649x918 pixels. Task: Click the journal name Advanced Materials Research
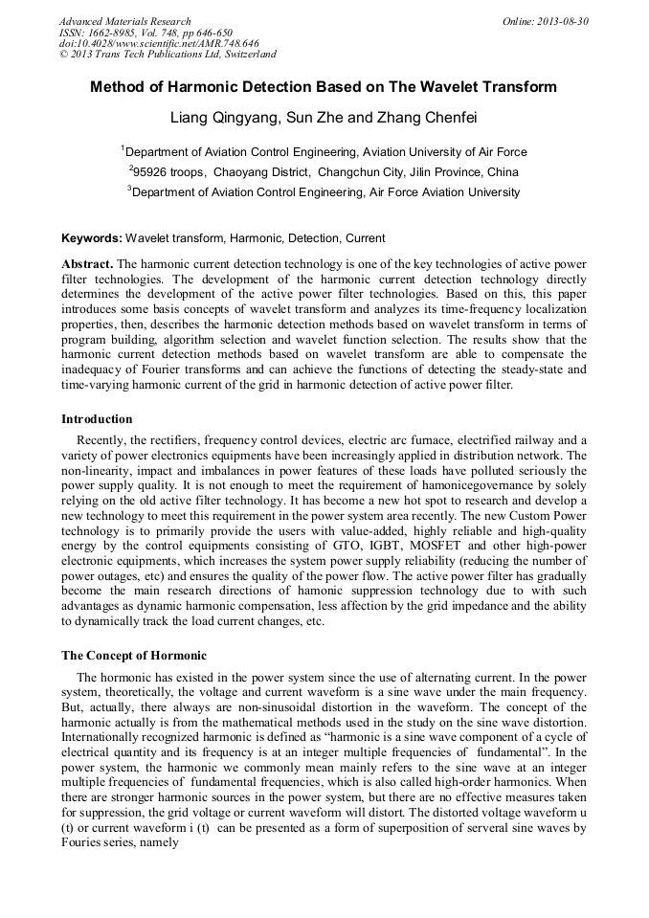pyautogui.click(x=125, y=21)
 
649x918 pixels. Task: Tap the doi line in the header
pyautogui.click(x=159, y=43)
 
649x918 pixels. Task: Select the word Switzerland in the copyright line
pyautogui.click(x=243, y=55)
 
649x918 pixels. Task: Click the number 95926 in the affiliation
pyautogui.click(x=152, y=172)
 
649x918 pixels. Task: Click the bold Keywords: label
pyautogui.click(x=92, y=237)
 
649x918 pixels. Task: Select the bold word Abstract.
pyautogui.click(x=88, y=263)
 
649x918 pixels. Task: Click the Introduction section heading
pyautogui.click(x=97, y=419)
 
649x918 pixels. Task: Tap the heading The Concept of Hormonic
pyautogui.click(x=133, y=656)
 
